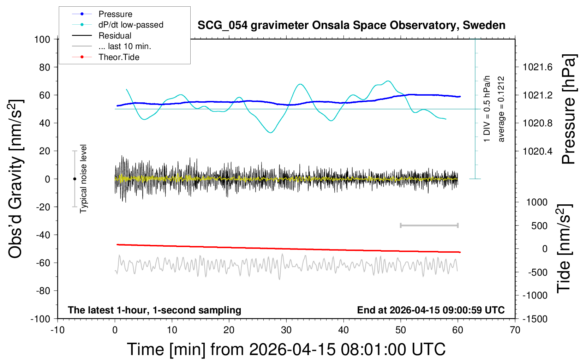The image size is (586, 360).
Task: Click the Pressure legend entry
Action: point(115,14)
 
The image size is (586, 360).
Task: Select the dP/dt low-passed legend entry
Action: point(131,25)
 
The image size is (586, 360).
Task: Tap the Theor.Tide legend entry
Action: point(119,57)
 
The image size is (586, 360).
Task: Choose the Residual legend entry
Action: point(115,36)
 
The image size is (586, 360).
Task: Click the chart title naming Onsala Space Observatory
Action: point(351,25)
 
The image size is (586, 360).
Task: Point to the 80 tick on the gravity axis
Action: point(44,67)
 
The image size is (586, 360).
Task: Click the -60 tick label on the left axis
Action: point(43,263)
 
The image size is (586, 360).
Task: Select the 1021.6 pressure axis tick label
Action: point(537,67)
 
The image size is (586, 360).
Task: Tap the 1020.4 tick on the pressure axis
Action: point(537,151)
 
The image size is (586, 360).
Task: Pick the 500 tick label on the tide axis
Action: point(539,226)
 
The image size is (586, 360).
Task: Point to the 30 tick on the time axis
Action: point(286,330)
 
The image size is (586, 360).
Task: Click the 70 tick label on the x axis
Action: point(515,330)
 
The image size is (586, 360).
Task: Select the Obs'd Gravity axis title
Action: point(16,179)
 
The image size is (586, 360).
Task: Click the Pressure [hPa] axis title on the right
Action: point(568,109)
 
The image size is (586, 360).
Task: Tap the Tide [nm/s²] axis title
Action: point(564,248)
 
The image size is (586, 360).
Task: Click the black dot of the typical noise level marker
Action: point(74,179)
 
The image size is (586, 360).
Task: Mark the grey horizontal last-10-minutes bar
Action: point(429,225)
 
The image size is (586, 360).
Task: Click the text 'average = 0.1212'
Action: point(501,109)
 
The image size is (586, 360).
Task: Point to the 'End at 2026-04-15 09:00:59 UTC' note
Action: point(431,310)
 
